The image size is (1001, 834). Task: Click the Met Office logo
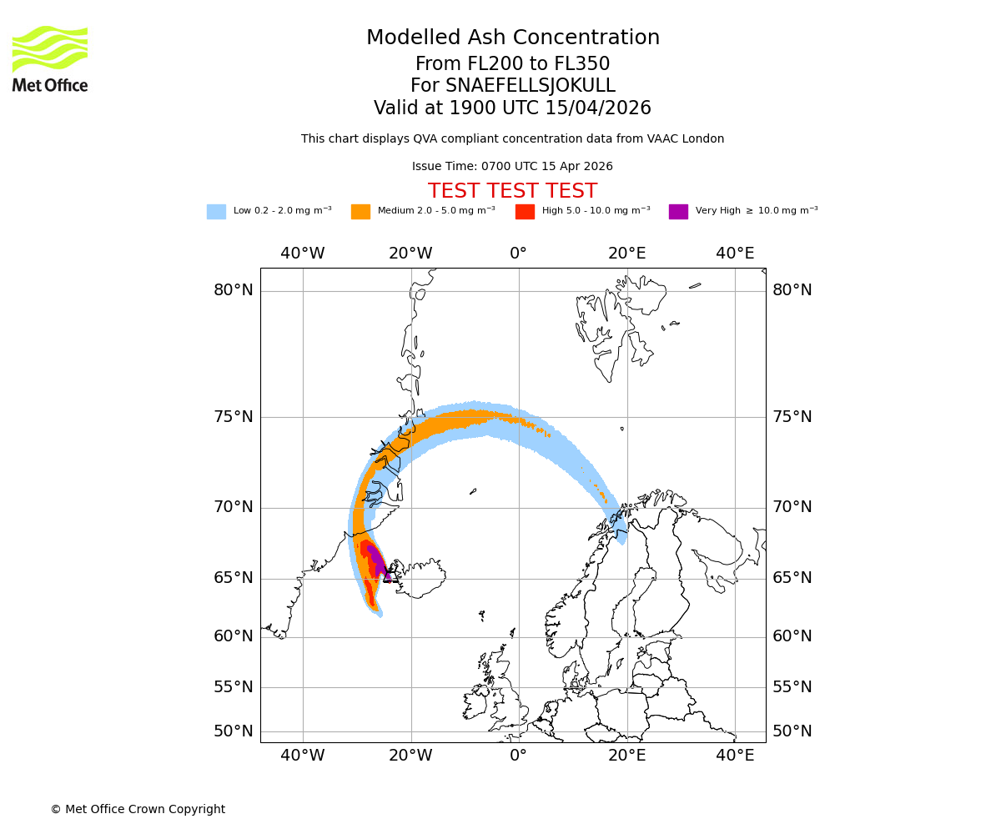(50, 58)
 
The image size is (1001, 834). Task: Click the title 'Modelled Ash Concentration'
(513, 38)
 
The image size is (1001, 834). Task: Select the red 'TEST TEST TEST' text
(512, 192)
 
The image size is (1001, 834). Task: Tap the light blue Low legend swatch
(216, 212)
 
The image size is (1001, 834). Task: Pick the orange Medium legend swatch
(360, 212)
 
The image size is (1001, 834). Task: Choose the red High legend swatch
(525, 212)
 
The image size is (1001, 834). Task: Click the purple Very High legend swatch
(678, 212)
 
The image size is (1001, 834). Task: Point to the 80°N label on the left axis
(233, 290)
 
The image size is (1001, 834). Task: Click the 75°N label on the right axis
(792, 417)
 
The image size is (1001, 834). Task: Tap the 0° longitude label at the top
(518, 254)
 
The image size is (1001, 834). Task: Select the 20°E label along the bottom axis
(626, 756)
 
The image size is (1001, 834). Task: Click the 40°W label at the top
(302, 254)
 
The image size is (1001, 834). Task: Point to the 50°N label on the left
(233, 731)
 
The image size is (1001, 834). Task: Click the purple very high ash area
(377, 560)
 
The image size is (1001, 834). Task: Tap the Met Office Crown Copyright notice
(138, 810)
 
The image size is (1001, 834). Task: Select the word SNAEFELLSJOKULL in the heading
(531, 86)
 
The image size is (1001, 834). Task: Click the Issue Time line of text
(512, 167)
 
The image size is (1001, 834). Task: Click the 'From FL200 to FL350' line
(512, 64)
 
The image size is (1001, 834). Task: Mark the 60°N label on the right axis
(792, 636)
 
